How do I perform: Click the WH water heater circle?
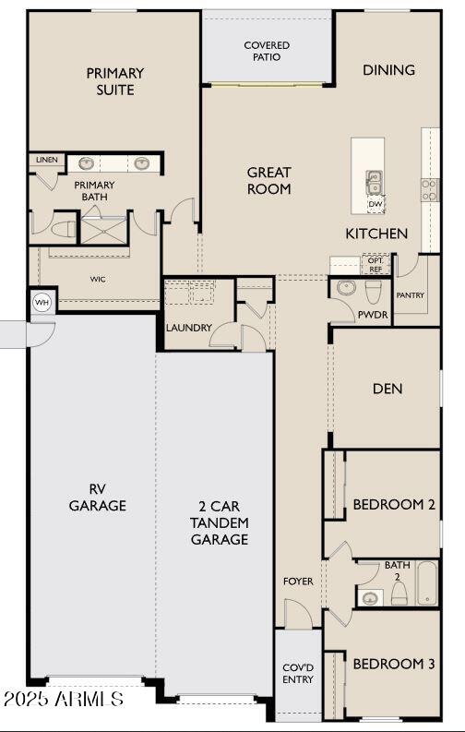click(42, 302)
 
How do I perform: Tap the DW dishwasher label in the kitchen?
click(375, 204)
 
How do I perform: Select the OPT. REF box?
click(376, 264)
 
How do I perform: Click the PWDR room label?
click(373, 315)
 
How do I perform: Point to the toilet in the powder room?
click(374, 292)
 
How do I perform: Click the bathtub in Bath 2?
click(427, 582)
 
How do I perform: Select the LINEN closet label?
click(46, 160)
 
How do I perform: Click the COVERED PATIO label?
click(267, 51)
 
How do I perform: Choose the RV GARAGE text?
click(97, 498)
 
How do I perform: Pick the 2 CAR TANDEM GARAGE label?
click(219, 523)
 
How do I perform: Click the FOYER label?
click(298, 582)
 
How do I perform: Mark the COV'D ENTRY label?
click(298, 673)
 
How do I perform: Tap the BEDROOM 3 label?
click(393, 664)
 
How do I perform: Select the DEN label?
click(387, 389)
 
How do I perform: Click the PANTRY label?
click(410, 295)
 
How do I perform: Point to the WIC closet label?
click(97, 278)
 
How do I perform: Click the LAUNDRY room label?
click(189, 328)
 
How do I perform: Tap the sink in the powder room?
click(344, 288)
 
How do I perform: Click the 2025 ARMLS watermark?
click(63, 699)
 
